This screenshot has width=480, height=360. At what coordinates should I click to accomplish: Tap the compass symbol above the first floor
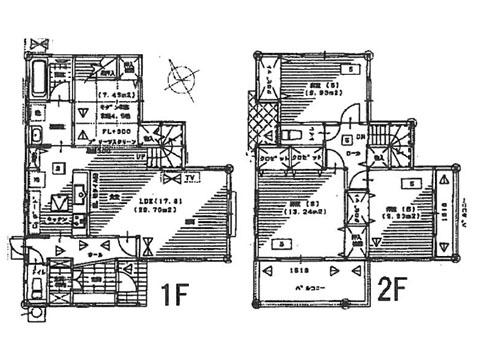183,74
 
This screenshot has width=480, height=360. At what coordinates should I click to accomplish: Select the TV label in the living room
189,179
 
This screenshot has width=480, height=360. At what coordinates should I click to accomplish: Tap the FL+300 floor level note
109,130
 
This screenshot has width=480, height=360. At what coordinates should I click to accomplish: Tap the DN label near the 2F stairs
359,139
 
